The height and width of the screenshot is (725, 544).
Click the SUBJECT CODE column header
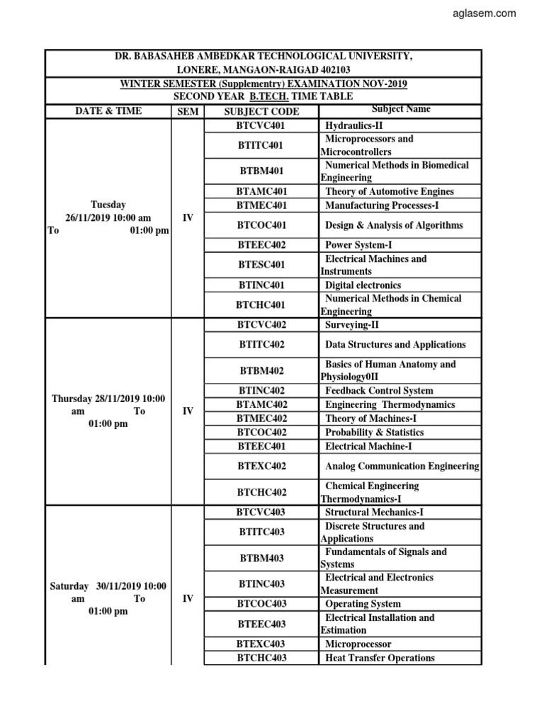261,111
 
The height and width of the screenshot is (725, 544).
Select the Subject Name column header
400,110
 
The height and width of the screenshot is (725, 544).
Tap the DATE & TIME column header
109,111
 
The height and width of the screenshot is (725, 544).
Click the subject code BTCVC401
261,125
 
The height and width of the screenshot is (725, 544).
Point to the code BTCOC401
261,225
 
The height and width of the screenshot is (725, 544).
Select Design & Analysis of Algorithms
393,225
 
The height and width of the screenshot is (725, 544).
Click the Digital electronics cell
363,285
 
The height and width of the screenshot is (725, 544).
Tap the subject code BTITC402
261,345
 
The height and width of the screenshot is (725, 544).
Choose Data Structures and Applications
395,345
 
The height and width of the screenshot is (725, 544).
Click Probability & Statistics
374,432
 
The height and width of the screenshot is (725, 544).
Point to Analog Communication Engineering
402,466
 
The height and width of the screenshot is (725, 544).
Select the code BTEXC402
261,466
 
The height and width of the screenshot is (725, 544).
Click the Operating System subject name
363,604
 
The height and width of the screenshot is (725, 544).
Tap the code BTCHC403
261,658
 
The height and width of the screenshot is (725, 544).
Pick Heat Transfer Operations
380,658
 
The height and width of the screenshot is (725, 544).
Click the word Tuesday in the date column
108,205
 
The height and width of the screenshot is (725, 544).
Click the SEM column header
188,111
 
